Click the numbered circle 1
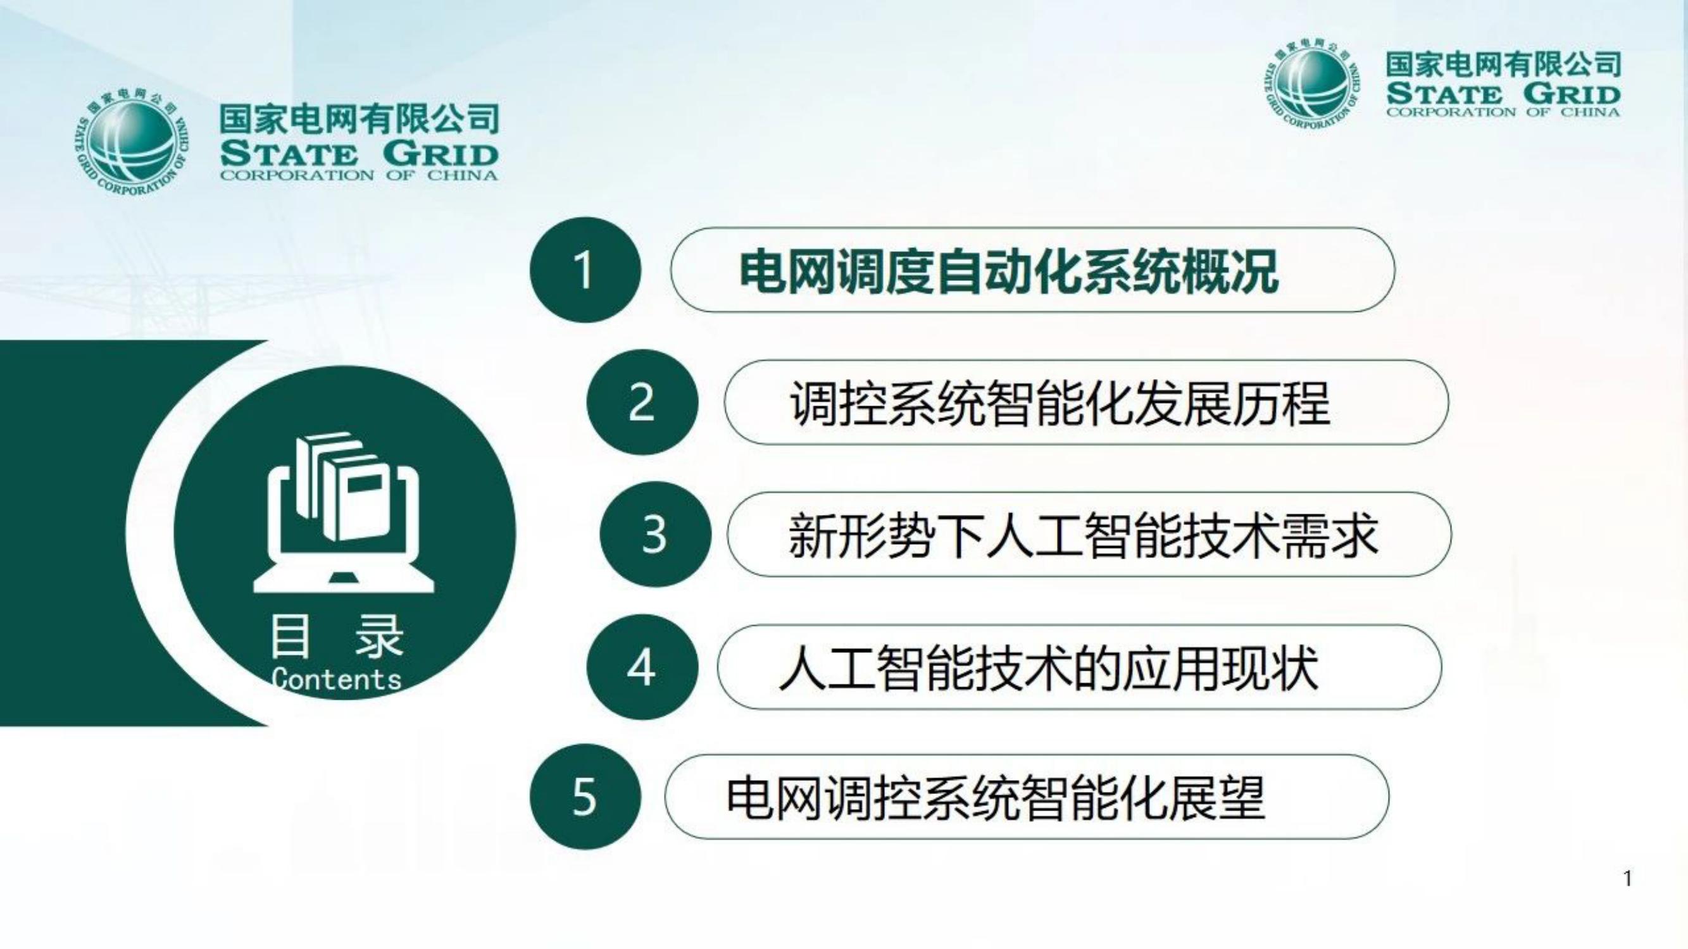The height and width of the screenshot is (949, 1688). click(585, 270)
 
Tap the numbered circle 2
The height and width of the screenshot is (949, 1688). click(642, 402)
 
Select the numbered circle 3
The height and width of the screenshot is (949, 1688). click(655, 535)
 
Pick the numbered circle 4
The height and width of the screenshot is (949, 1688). click(642, 667)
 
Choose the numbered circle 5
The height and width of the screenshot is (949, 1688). click(585, 797)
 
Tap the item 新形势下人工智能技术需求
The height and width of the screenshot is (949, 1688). click(1084, 535)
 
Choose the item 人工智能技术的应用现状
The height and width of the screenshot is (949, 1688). click(1049, 667)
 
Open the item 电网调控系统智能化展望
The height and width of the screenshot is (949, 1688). click(996, 798)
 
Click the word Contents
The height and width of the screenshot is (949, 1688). click(336, 679)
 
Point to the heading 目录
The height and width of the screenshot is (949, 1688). click(336, 636)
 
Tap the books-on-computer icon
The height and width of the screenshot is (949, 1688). click(344, 512)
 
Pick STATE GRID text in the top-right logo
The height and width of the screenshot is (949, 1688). click(1503, 93)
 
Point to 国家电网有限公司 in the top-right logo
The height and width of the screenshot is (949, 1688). click(1503, 64)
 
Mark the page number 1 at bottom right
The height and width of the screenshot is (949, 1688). click(1628, 878)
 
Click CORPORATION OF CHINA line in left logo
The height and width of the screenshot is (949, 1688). click(359, 175)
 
